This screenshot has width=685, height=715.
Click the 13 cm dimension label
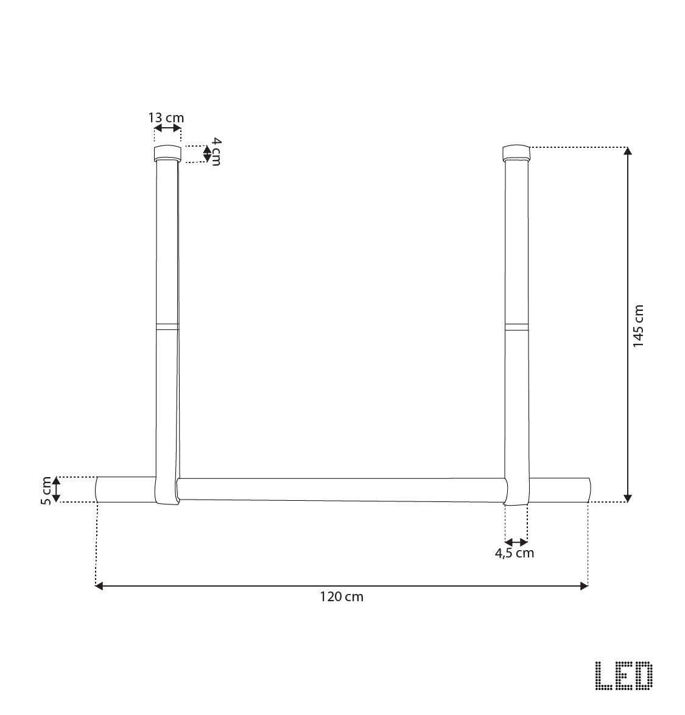166,117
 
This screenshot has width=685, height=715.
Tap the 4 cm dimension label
216,152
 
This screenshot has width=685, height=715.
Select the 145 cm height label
638,326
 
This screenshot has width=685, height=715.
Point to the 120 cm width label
342,597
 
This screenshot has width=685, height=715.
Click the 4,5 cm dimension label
515,553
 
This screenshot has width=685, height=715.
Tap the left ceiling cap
167,152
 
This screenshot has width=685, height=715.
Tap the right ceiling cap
516,152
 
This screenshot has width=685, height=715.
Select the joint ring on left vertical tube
167,326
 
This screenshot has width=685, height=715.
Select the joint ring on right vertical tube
516,326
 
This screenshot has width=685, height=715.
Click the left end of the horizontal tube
99,489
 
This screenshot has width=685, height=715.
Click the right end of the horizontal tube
588,490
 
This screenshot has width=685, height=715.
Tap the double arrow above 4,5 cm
516,541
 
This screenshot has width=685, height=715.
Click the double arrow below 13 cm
167,128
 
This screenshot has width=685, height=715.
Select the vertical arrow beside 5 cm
56,490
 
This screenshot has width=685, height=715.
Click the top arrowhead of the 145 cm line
628,151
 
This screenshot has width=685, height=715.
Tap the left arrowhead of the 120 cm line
99,585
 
